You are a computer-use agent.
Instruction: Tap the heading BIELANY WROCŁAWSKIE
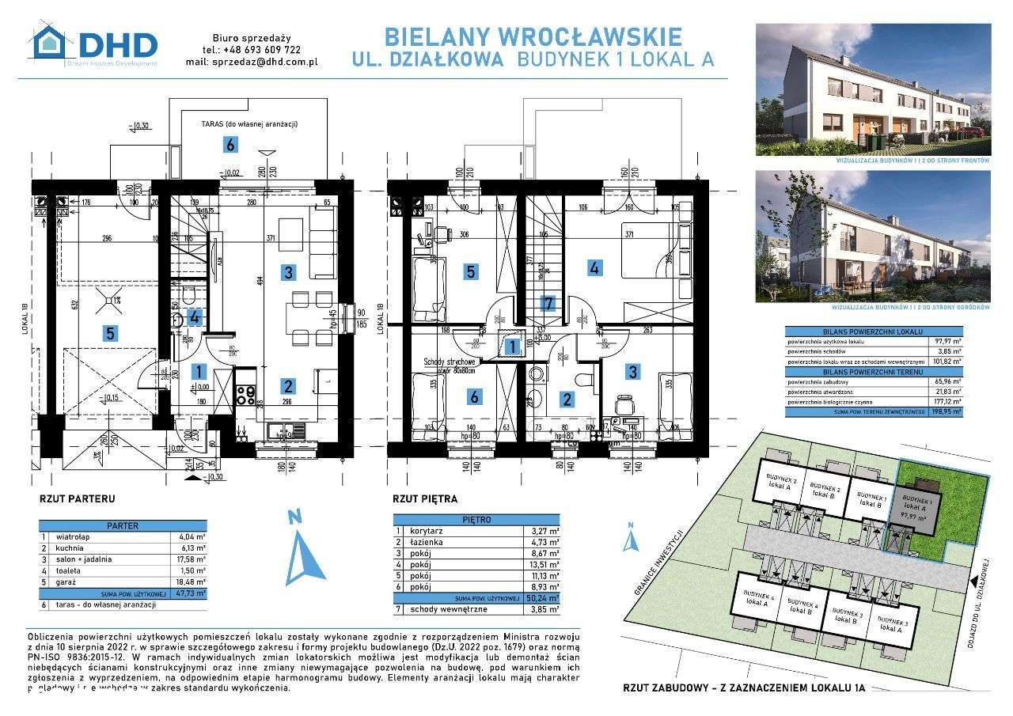tap(532, 36)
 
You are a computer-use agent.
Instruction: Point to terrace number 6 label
tap(230, 145)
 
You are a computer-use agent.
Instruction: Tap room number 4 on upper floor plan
tap(594, 267)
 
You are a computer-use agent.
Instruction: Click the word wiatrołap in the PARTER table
tap(74, 536)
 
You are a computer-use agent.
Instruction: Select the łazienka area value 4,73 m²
tap(544, 542)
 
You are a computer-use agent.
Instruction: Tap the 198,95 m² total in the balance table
tap(947, 411)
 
